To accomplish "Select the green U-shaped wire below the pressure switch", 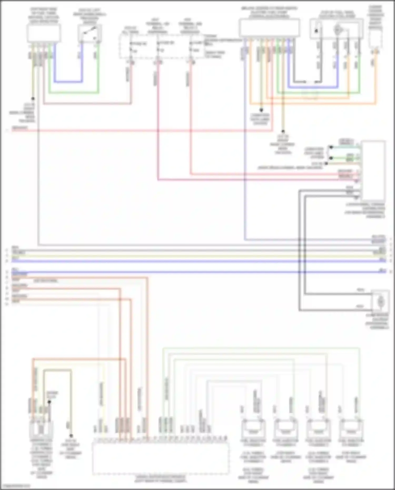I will tap(74, 93).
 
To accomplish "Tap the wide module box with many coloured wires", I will tap(269, 28).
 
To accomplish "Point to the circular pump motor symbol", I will tap(337, 30).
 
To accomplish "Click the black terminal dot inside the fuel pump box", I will tap(316, 31).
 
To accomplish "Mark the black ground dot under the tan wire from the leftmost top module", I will tap(33, 99).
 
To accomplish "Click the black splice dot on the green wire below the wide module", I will tap(261, 110).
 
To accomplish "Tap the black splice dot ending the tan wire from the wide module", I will tap(283, 131).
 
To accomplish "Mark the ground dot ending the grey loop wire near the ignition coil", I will tap(71, 436).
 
